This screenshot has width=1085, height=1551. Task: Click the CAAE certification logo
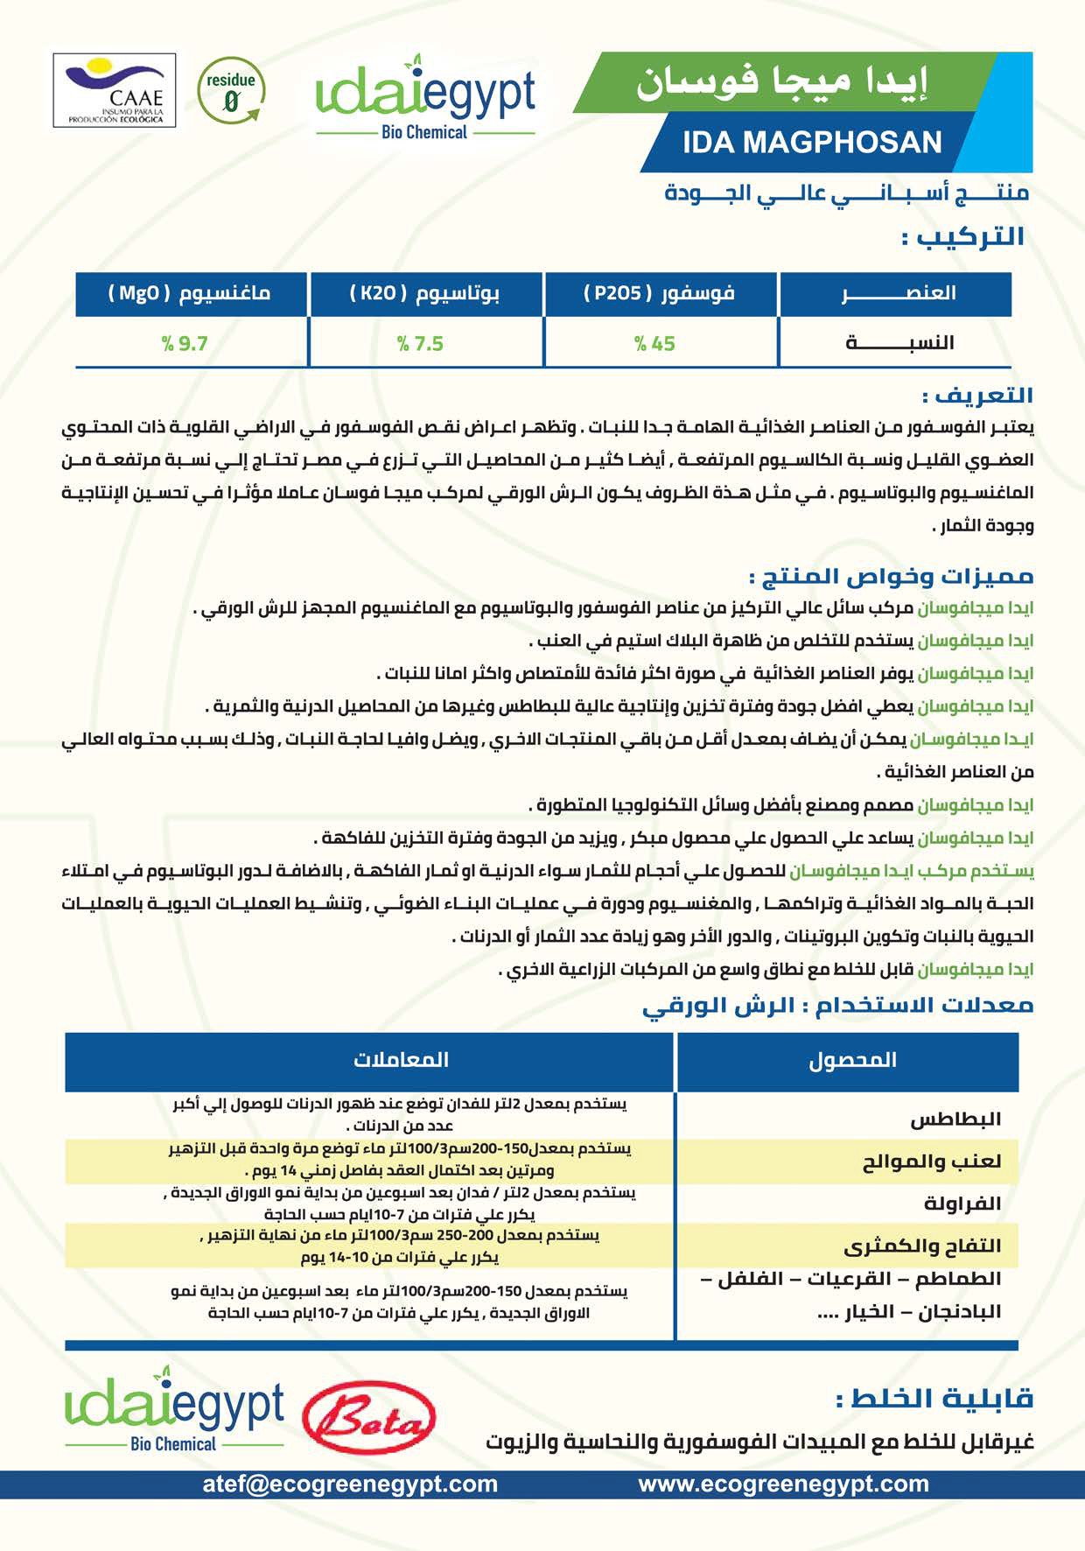coord(115,90)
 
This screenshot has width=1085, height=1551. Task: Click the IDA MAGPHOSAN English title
coord(812,142)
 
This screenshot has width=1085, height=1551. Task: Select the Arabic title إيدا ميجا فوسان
coord(780,82)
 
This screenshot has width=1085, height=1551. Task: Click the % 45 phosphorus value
coord(654,344)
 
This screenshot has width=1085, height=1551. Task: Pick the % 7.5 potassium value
coord(420,344)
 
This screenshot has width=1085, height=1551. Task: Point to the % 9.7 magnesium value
coord(185,344)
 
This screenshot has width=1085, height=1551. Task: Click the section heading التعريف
coord(977,396)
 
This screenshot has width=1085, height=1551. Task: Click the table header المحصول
coord(851,1060)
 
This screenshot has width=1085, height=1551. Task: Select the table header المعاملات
coord(401,1060)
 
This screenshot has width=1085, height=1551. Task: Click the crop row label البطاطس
coord(955,1119)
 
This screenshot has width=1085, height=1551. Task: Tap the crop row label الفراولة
coord(962,1204)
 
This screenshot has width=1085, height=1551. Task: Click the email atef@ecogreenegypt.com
coord(350,1484)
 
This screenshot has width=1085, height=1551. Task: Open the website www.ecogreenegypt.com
coord(783,1484)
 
